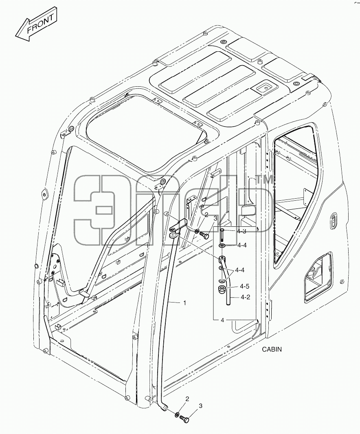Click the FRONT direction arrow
point(36,26)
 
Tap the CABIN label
point(272,349)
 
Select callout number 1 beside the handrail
point(184,303)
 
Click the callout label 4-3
point(242,231)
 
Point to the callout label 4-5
point(245,286)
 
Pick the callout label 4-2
point(245,297)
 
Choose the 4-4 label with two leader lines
point(240,270)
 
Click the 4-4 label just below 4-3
point(242,245)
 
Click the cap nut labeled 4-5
point(222,290)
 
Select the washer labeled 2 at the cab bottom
point(177,415)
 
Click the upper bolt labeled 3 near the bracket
point(205,235)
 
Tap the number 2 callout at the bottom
point(187,399)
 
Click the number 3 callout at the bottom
point(200,406)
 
